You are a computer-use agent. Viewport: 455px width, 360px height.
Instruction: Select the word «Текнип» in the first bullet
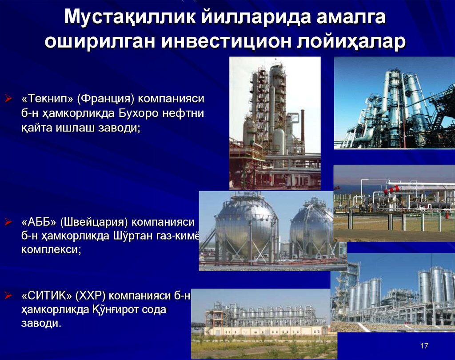[47, 98]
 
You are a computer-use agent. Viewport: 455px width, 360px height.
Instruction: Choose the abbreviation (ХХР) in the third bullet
[91, 295]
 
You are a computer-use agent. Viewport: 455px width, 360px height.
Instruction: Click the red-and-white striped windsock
[392, 190]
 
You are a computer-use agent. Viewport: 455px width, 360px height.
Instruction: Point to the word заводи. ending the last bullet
[40, 324]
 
